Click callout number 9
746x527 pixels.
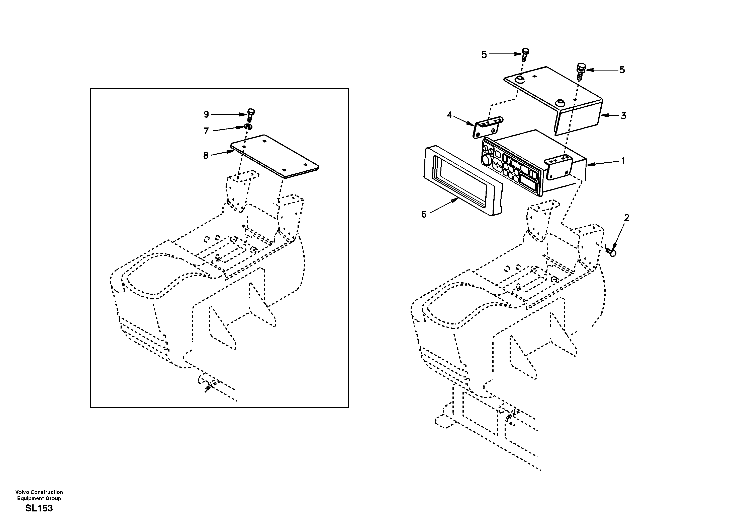pyautogui.click(x=206, y=114)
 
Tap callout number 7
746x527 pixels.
pyautogui.click(x=206, y=131)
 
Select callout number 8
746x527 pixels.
pyautogui.click(x=206, y=156)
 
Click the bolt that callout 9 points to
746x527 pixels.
pyautogui.click(x=250, y=114)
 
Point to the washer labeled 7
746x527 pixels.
pyautogui.click(x=248, y=126)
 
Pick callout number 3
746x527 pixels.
pyautogui.click(x=623, y=116)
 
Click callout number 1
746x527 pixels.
pyautogui.click(x=623, y=160)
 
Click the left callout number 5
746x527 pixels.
pyautogui.click(x=484, y=55)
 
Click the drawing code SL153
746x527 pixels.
pyautogui.click(x=39, y=508)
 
